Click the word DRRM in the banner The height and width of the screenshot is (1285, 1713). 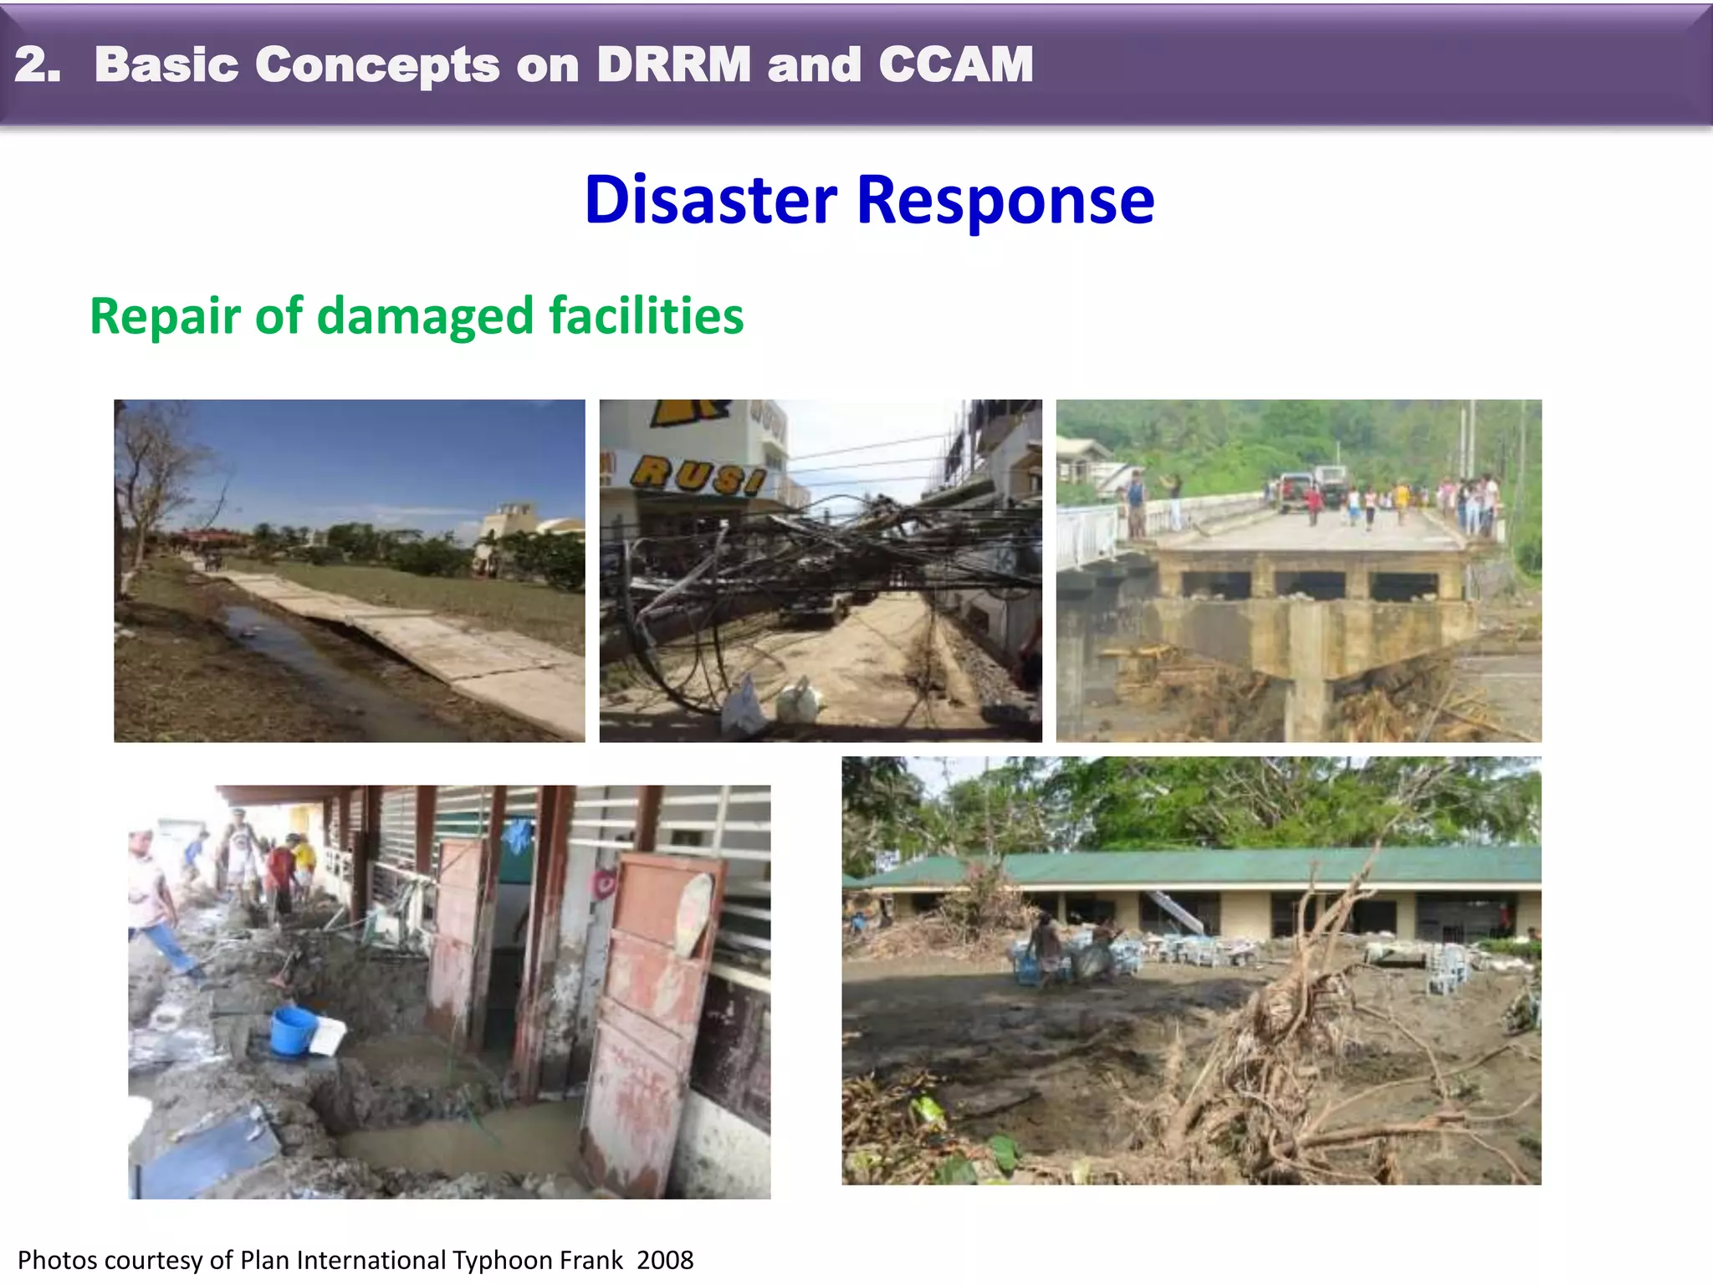[x=674, y=64]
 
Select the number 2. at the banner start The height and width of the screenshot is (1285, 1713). [x=38, y=64]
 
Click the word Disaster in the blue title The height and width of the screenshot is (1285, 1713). [x=710, y=201]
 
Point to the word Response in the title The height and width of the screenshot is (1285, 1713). [x=1005, y=201]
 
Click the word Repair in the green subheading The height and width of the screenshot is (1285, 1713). [x=165, y=316]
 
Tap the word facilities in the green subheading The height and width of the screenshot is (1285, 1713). [x=646, y=316]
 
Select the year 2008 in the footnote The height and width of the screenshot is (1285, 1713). [x=665, y=1260]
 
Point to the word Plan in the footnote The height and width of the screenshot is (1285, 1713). [x=265, y=1260]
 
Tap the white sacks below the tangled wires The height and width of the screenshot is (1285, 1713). [x=774, y=700]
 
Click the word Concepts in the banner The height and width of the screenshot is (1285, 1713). [x=377, y=64]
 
